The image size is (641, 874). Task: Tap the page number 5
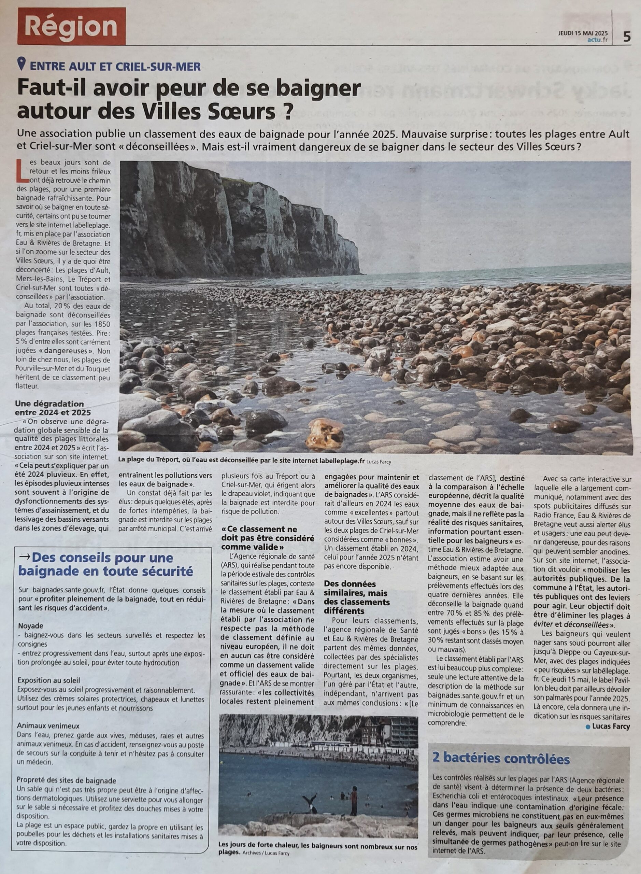(627, 37)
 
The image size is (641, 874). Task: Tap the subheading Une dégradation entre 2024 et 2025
(49, 408)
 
